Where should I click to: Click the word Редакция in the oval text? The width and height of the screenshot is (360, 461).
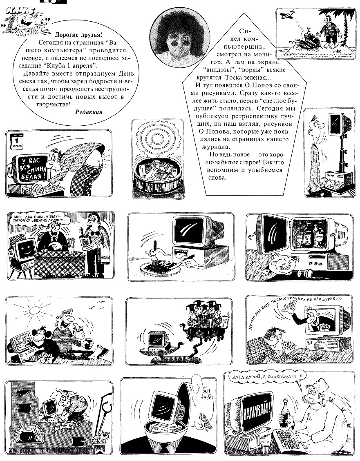[x=89, y=112]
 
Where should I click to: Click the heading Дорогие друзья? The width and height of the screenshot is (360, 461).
[x=78, y=35]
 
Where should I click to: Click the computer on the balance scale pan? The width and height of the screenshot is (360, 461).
[x=157, y=341]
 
